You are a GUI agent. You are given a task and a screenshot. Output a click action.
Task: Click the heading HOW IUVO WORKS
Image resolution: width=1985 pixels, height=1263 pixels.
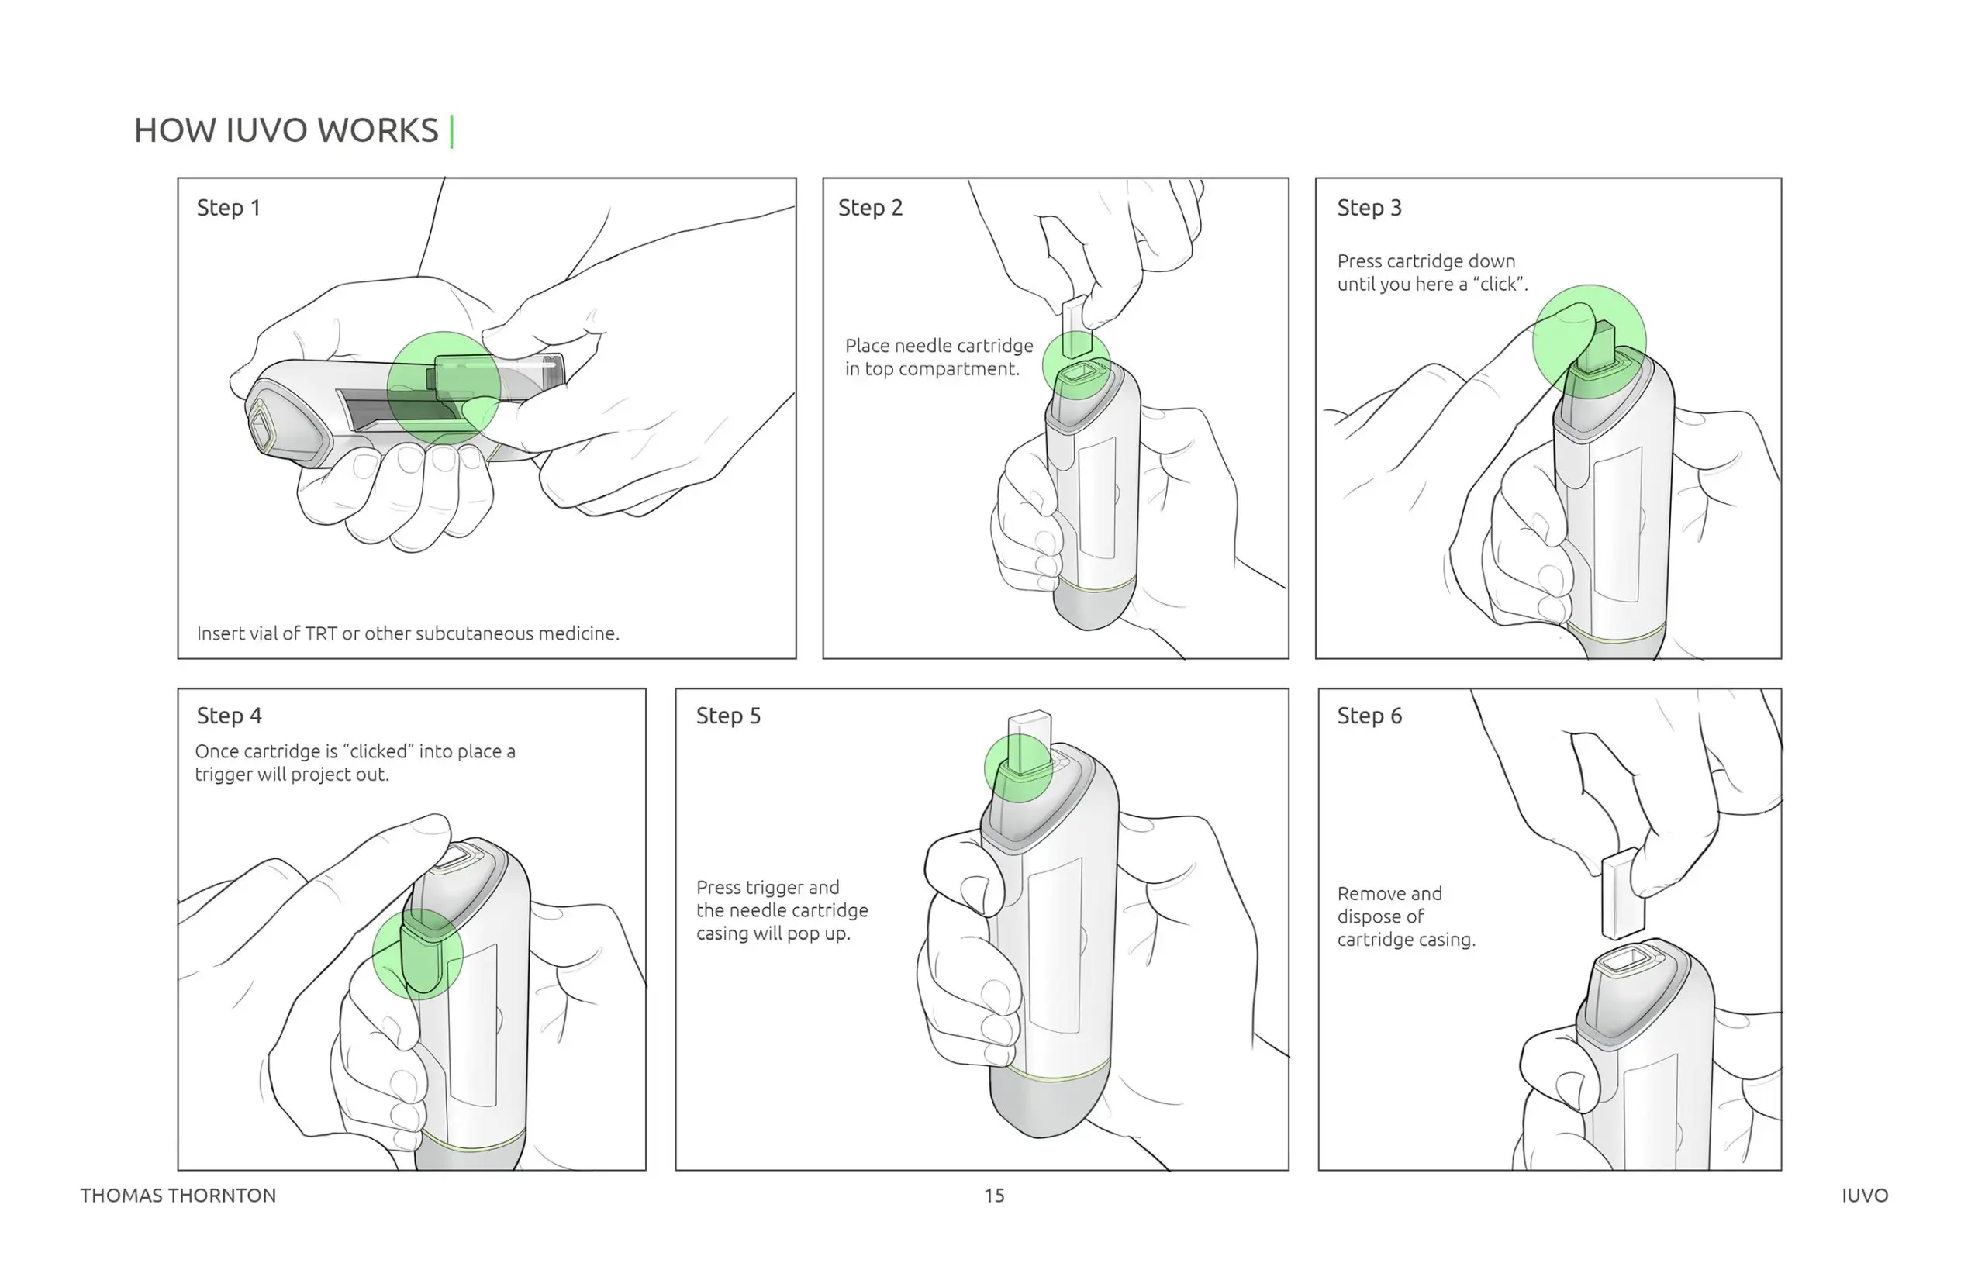pyautogui.click(x=286, y=130)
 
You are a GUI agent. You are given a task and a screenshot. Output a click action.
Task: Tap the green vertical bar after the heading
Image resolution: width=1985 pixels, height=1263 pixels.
pyautogui.click(x=452, y=131)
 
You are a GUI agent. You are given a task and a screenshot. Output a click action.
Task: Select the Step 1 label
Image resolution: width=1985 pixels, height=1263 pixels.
pyautogui.click(x=228, y=208)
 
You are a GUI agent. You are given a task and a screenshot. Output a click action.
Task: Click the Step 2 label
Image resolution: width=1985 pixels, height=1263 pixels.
pyautogui.click(x=871, y=208)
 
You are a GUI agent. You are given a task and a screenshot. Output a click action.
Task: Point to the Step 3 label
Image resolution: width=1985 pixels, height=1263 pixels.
pyautogui.click(x=1369, y=208)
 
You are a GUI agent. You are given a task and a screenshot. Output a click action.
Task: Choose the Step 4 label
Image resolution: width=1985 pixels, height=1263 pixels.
pyautogui.click(x=230, y=716)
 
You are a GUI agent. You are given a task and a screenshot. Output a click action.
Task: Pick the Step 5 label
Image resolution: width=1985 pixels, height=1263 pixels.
pyautogui.click(x=729, y=716)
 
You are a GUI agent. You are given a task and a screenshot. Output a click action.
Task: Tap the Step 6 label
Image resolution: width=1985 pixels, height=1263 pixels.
pyautogui.click(x=1369, y=716)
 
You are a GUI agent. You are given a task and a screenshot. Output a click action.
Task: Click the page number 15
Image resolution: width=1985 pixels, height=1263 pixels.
pyautogui.click(x=994, y=1196)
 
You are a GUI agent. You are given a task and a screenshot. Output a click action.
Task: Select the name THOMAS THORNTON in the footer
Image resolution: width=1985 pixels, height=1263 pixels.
pyautogui.click(x=178, y=1196)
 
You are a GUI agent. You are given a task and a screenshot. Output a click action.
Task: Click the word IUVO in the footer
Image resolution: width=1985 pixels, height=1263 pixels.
pyautogui.click(x=1865, y=1196)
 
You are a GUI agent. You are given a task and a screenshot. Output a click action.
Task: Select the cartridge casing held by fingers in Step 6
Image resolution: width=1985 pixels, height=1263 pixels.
pyautogui.click(x=1621, y=894)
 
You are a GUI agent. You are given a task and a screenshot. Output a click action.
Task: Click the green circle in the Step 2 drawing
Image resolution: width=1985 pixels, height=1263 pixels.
pyautogui.click(x=1076, y=365)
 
